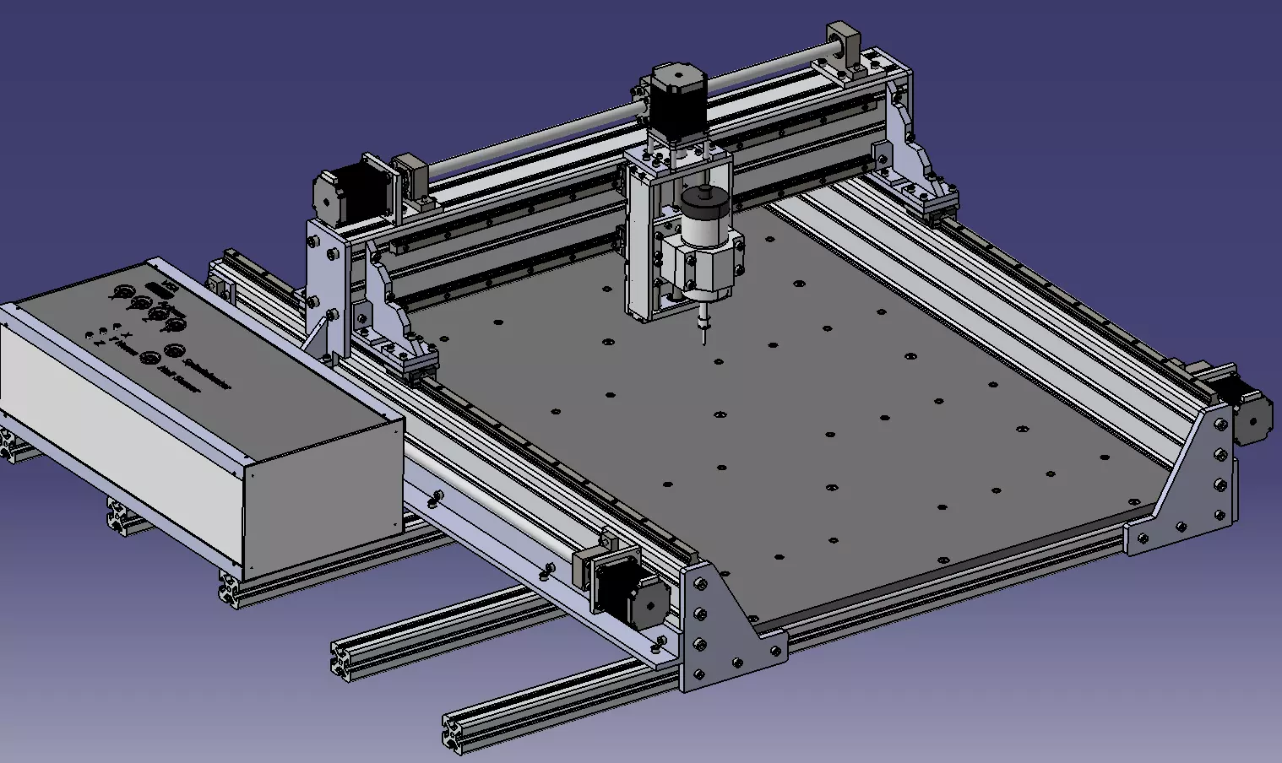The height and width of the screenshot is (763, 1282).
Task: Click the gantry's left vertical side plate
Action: click(325, 279)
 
